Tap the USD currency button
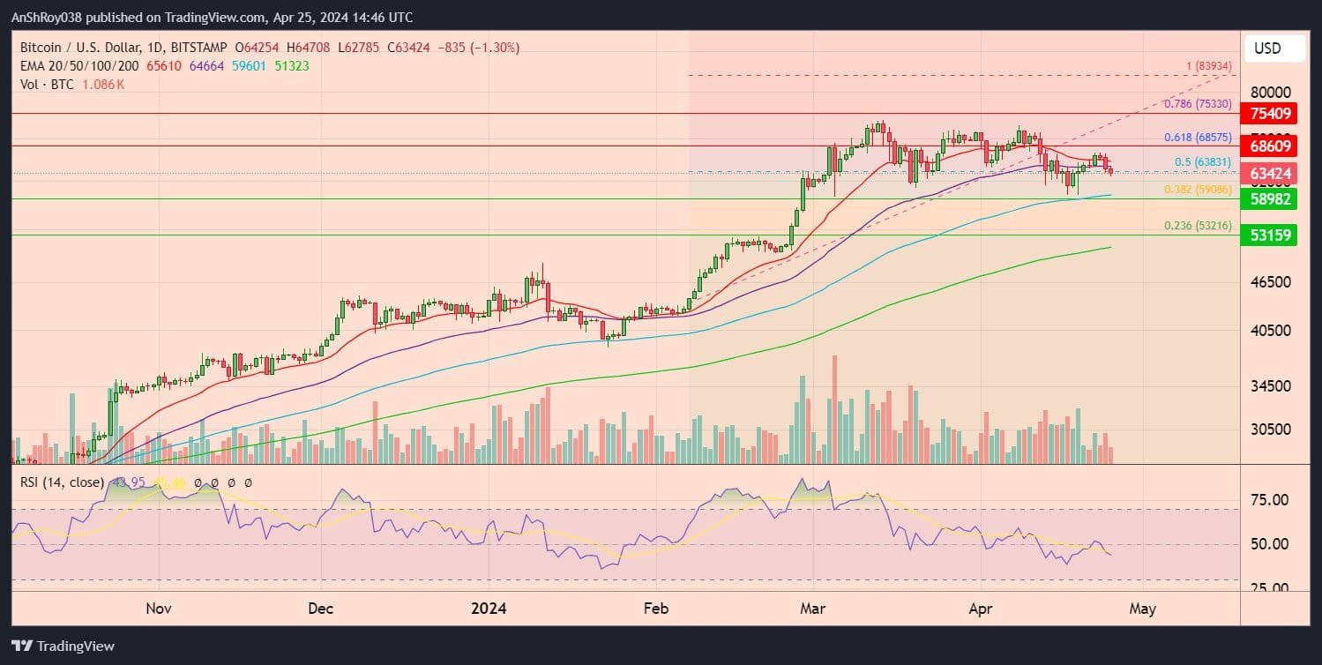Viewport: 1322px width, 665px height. [1274, 49]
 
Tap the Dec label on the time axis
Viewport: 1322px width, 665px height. [321, 608]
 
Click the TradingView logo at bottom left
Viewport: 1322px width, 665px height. [63, 646]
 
